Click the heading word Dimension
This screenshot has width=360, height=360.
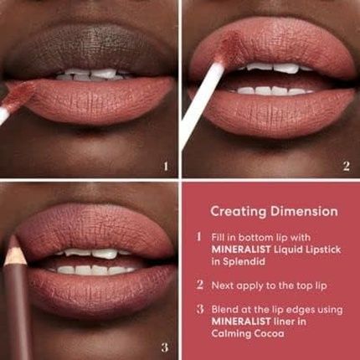[300, 211]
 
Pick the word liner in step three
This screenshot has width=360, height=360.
[296, 321]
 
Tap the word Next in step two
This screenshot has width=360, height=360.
[224, 285]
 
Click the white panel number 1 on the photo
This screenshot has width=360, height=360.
[166, 166]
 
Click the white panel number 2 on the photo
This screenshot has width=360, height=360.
[346, 166]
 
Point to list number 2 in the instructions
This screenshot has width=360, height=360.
[199, 285]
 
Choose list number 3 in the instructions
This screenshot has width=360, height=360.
[199, 309]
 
